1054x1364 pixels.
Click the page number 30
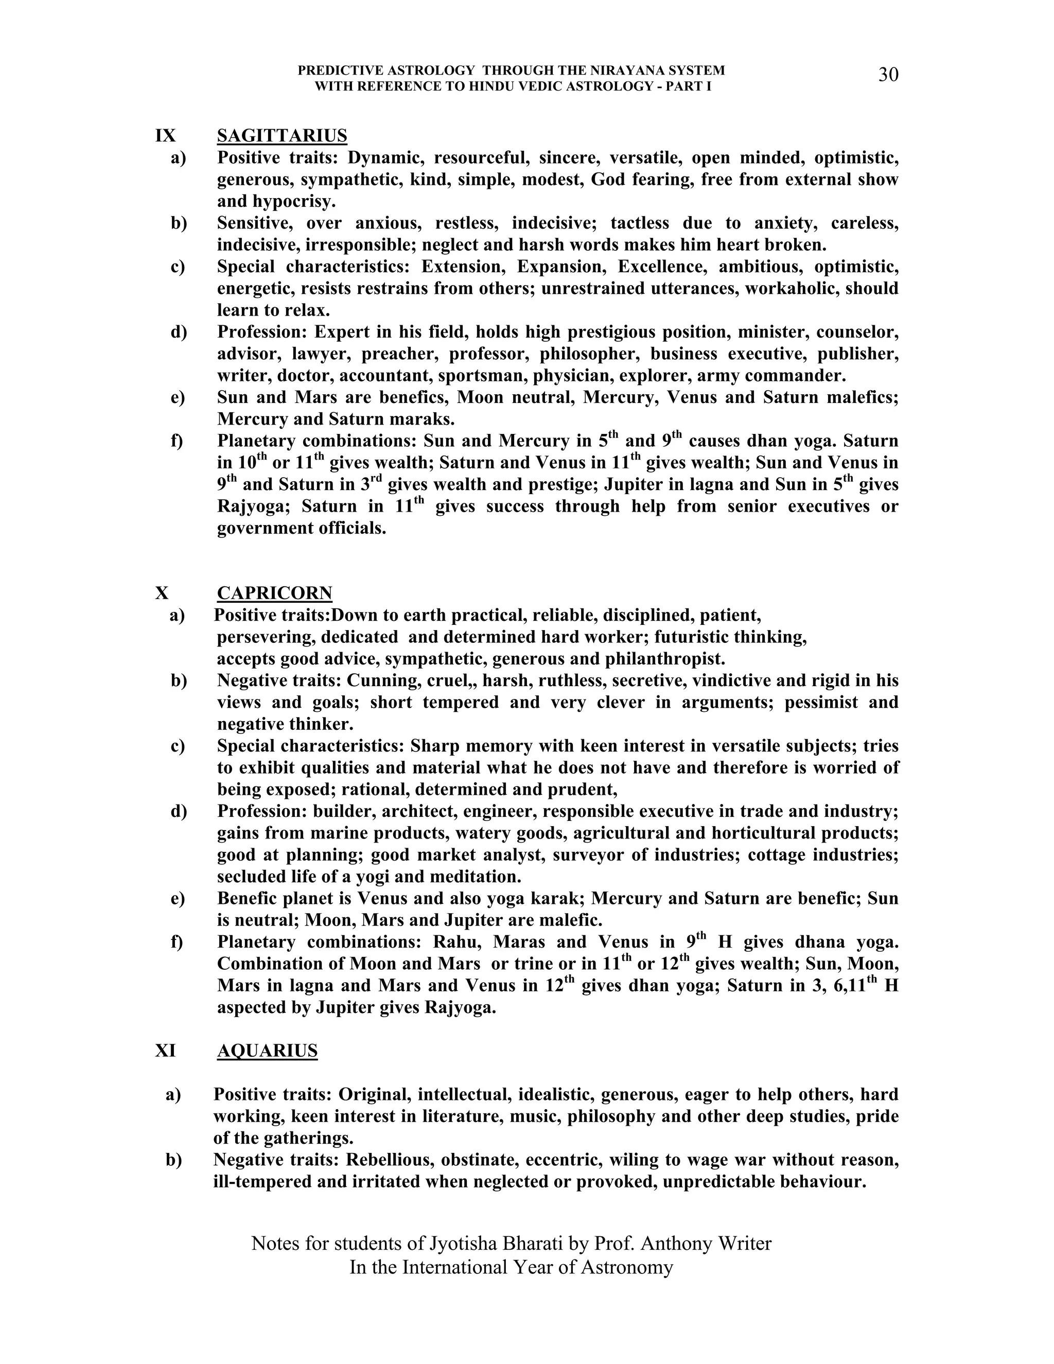888,75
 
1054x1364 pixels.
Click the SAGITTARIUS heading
282,135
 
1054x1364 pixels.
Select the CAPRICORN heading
274,592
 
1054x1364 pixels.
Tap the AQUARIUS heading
267,1051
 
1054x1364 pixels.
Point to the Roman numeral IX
166,135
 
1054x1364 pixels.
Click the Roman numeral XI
166,1051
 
